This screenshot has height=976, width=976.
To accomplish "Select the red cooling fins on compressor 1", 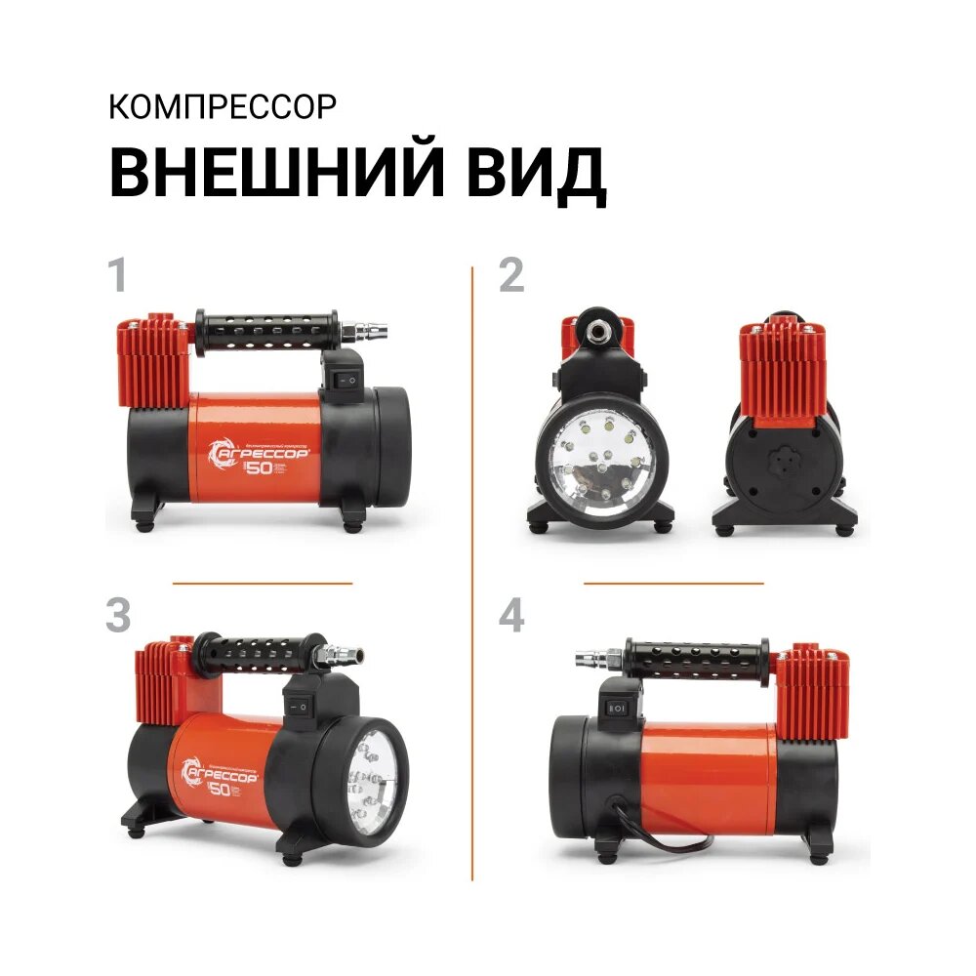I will click(x=152, y=361).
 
